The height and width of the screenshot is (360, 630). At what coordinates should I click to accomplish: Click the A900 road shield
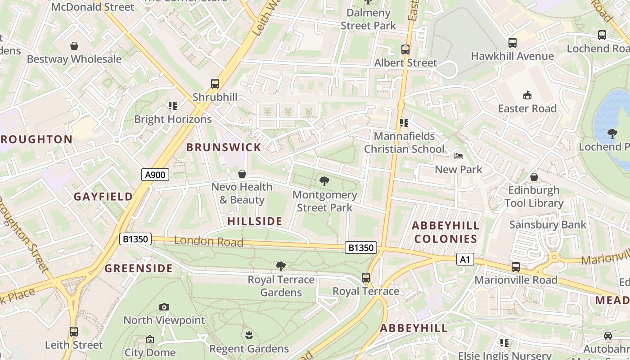(x=156, y=175)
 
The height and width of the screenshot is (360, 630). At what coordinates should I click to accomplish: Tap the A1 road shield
(x=465, y=259)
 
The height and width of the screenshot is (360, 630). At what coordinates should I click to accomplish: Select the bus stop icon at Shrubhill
(x=215, y=84)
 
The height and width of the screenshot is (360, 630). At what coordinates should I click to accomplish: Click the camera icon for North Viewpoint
(x=164, y=307)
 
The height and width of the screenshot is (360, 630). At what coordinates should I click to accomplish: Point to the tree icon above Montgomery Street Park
(x=324, y=181)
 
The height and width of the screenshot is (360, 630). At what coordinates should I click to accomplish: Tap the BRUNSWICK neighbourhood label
(x=224, y=147)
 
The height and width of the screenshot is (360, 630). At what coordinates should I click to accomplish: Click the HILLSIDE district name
(x=255, y=221)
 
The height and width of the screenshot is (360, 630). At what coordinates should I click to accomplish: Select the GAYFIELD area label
(x=103, y=197)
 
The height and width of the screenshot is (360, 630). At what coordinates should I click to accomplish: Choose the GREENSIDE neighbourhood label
(x=139, y=269)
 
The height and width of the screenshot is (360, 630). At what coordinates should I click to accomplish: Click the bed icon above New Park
(x=459, y=156)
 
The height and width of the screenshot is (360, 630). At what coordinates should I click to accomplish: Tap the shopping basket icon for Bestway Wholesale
(x=74, y=46)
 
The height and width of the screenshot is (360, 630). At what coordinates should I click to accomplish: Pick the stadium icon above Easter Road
(x=527, y=95)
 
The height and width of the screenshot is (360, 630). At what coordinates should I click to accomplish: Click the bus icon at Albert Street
(x=405, y=49)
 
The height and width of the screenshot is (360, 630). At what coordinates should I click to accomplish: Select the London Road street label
(x=209, y=241)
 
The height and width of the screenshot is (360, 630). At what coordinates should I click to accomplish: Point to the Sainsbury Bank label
(x=548, y=225)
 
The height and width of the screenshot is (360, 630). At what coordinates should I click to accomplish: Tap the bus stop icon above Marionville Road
(x=516, y=267)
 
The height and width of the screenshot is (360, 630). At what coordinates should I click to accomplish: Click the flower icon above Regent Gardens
(x=249, y=335)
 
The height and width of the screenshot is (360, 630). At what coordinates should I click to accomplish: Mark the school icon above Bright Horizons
(x=173, y=106)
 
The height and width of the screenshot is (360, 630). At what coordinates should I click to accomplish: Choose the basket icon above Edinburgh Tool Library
(x=534, y=177)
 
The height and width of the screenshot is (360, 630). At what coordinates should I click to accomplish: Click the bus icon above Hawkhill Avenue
(x=513, y=43)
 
